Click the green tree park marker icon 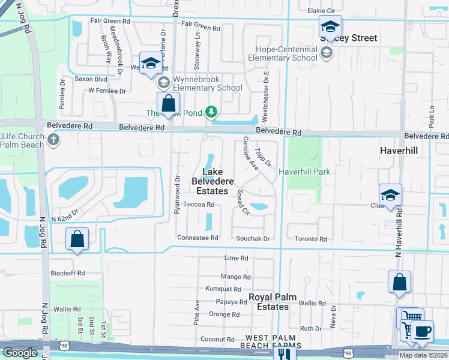211,112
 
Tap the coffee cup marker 422,331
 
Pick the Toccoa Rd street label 199,205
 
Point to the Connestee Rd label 197,238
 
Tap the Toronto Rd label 310,239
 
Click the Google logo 20,353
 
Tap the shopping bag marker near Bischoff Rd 77,239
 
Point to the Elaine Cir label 321,11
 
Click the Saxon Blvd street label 91,79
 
